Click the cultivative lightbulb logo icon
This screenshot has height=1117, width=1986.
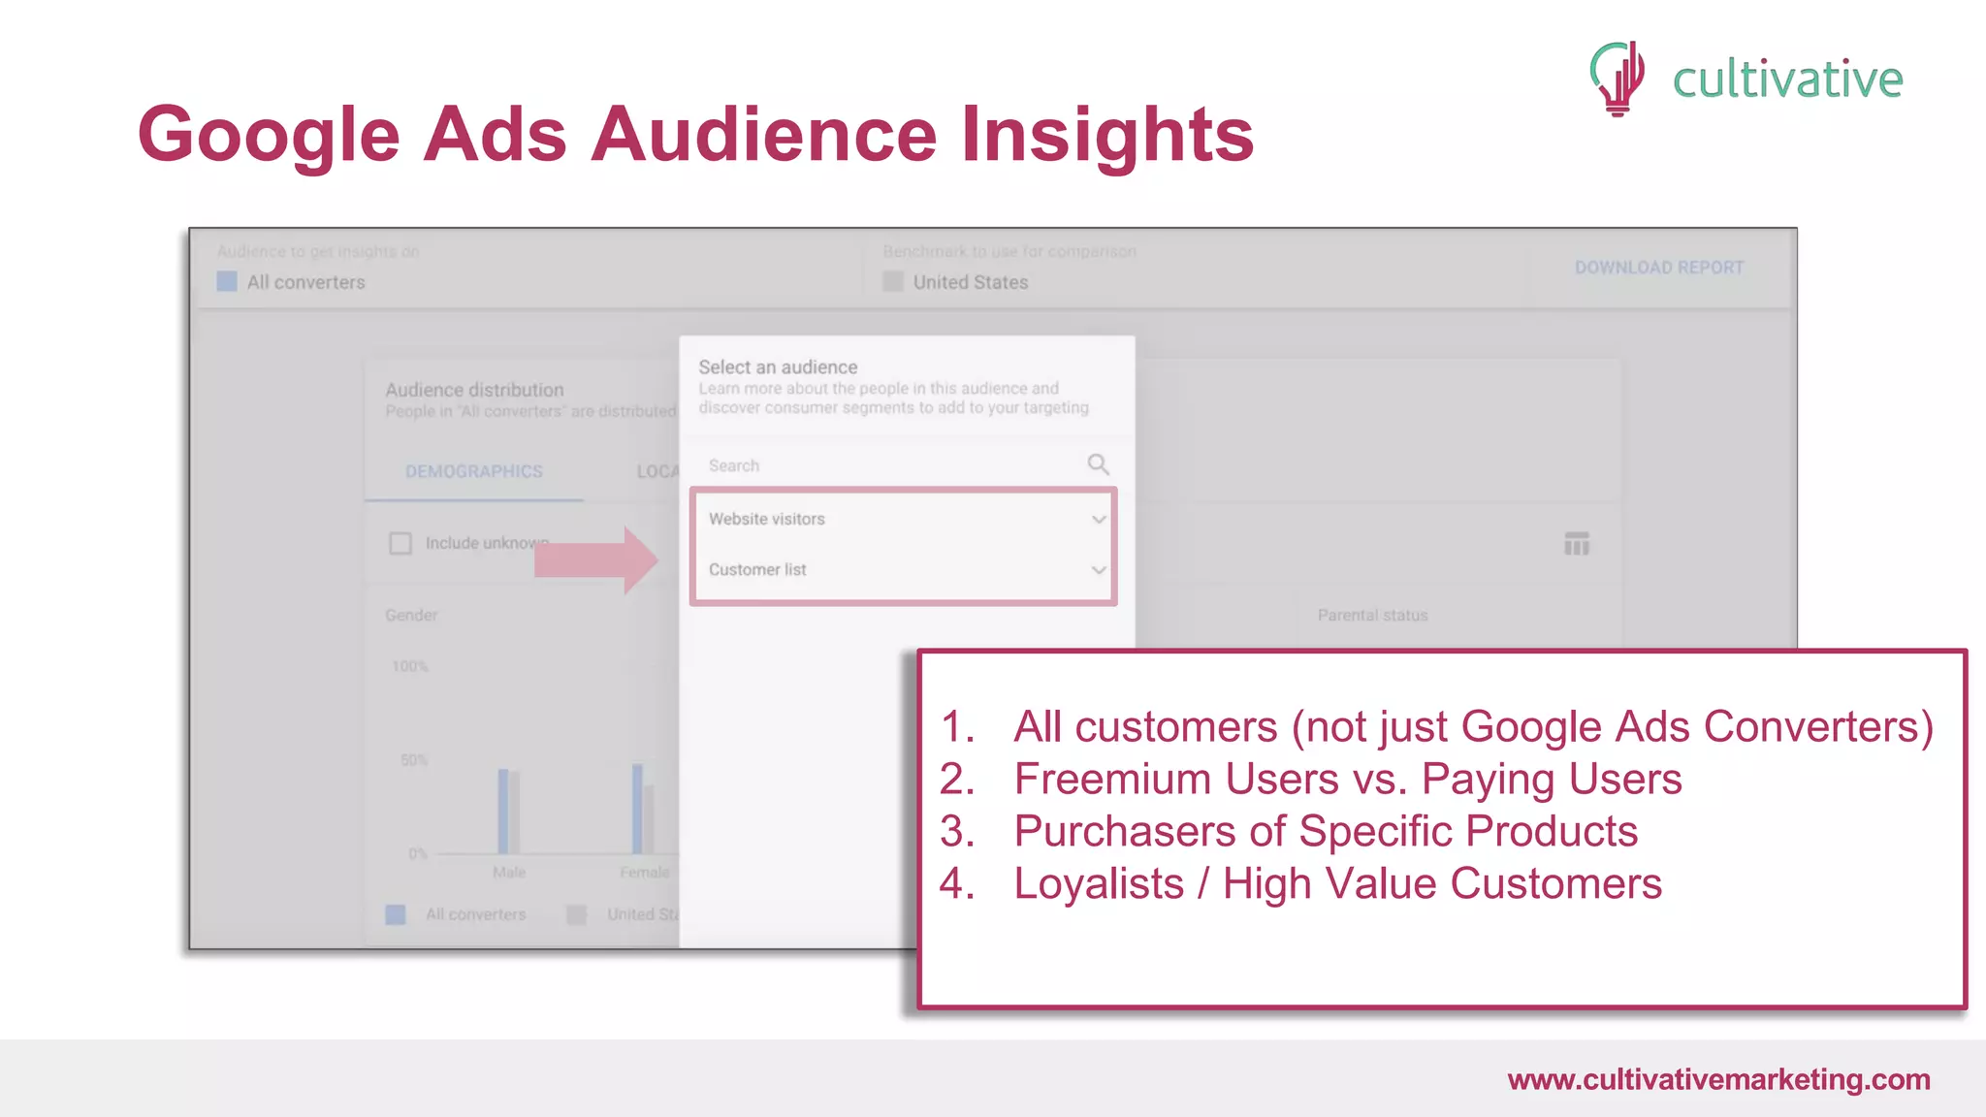tap(1618, 78)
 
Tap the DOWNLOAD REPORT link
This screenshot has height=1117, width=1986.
tap(1658, 268)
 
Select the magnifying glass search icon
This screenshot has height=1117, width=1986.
tap(1098, 464)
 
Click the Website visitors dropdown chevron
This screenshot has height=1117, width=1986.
tap(1099, 520)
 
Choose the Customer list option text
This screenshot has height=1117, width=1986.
tap(757, 570)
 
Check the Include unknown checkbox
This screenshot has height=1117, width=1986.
tap(400, 543)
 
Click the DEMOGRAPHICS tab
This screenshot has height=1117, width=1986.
tap(473, 471)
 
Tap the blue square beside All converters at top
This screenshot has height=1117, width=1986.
tap(227, 282)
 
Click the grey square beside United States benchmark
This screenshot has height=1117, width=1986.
tap(893, 282)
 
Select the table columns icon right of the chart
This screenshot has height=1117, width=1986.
tap(1577, 544)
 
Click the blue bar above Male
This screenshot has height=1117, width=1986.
tap(503, 811)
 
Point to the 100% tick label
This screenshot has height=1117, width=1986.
tap(409, 666)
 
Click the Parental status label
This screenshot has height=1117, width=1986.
tap(1372, 616)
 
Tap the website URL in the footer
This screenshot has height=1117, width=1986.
tap(1718, 1079)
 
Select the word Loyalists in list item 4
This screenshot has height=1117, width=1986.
tap(1099, 884)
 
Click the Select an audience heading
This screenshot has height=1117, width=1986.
tap(778, 367)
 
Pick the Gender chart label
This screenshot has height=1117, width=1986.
tap(411, 616)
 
